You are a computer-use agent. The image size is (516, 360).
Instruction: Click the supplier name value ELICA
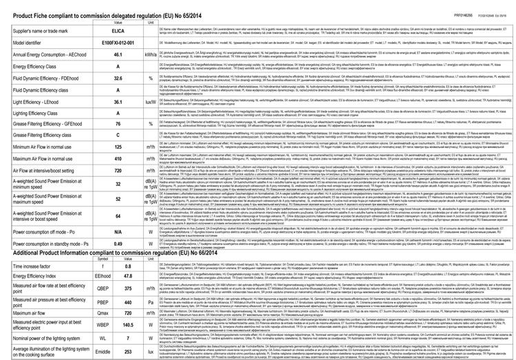118,32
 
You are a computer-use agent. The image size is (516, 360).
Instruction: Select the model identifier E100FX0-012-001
118,47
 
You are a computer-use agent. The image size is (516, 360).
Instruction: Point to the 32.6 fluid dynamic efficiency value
118,98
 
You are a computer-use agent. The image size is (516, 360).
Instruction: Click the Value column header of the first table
118,22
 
